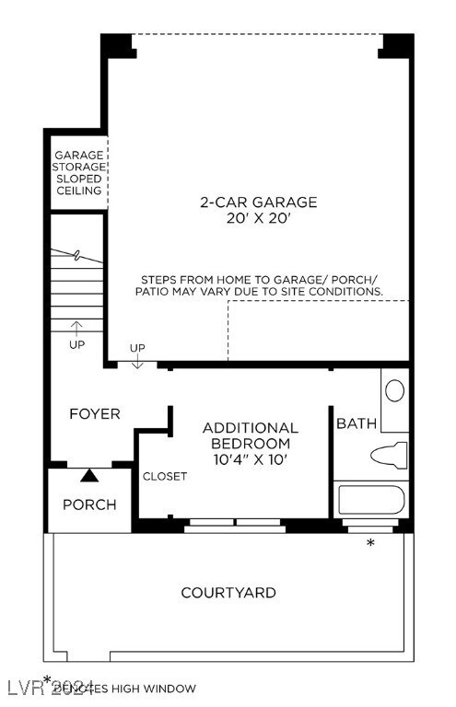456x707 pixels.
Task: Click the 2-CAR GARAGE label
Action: pos(259,203)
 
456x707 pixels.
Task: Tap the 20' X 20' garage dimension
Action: pos(259,219)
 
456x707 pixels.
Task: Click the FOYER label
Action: pos(95,414)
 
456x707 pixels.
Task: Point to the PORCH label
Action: pos(89,504)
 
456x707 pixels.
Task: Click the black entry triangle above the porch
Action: pos(89,475)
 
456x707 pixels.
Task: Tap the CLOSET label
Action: pos(165,476)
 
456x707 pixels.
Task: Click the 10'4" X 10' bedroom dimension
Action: pos(250,458)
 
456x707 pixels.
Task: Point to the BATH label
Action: pos(356,423)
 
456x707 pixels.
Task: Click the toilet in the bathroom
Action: pos(388,456)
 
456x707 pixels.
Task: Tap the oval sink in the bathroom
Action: pos(394,390)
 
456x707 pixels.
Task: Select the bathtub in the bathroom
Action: pos(371,499)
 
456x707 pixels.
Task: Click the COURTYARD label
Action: pos(228,593)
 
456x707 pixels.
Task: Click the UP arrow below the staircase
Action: pos(76,327)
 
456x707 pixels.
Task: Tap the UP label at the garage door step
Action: pos(137,348)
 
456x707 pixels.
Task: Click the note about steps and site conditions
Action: pos(261,284)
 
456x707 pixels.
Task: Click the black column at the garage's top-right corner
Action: pos(396,44)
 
